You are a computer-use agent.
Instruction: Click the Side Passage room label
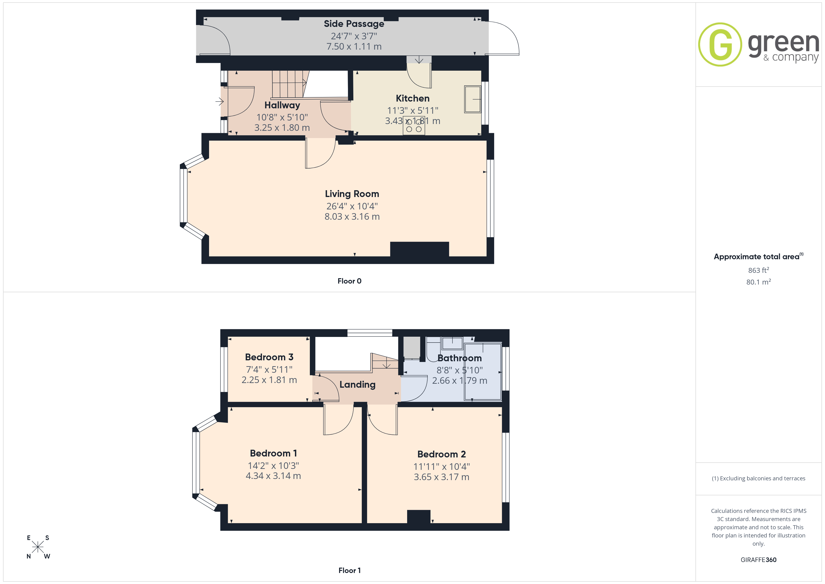coord(354,24)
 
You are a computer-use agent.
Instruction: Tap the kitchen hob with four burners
coord(414,125)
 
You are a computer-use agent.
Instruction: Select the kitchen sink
coord(473,99)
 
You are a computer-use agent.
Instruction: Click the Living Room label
coord(352,194)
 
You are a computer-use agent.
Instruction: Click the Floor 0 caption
coord(349,281)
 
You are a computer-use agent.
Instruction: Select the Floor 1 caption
coord(349,570)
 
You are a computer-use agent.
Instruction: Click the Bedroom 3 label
coord(269,357)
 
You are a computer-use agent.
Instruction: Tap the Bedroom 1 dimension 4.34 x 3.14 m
coord(273,476)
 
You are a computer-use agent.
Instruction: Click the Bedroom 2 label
coord(441,454)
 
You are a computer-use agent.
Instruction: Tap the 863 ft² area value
coord(759,270)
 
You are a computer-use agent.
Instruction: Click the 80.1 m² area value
coord(759,282)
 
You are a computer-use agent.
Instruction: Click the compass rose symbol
coord(38,547)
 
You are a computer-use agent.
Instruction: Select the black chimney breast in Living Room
coord(419,249)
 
